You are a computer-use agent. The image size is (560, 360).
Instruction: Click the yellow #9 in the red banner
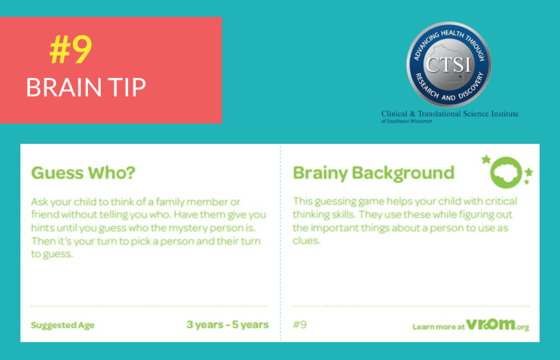point(71,50)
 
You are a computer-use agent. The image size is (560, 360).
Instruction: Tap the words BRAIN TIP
point(86,87)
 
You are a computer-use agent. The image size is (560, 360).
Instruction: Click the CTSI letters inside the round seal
point(448,65)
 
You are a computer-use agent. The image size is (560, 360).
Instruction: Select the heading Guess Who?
point(83,173)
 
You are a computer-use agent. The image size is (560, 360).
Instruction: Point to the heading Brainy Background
point(374,173)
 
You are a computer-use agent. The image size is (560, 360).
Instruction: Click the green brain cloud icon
point(506,172)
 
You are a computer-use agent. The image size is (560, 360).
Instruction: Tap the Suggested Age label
point(62,325)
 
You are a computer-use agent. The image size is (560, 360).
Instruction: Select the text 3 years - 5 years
point(227,324)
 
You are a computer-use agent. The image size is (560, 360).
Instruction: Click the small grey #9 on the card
point(300,324)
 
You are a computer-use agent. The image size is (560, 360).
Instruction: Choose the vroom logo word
point(491,324)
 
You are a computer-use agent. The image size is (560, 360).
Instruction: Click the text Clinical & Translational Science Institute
point(450,114)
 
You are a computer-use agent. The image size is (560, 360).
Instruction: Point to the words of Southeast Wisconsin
point(406,121)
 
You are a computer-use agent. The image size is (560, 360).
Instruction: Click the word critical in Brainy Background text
point(500,201)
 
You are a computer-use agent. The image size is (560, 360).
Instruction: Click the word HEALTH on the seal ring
point(452,34)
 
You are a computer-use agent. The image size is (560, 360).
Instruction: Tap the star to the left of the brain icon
point(486,159)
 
